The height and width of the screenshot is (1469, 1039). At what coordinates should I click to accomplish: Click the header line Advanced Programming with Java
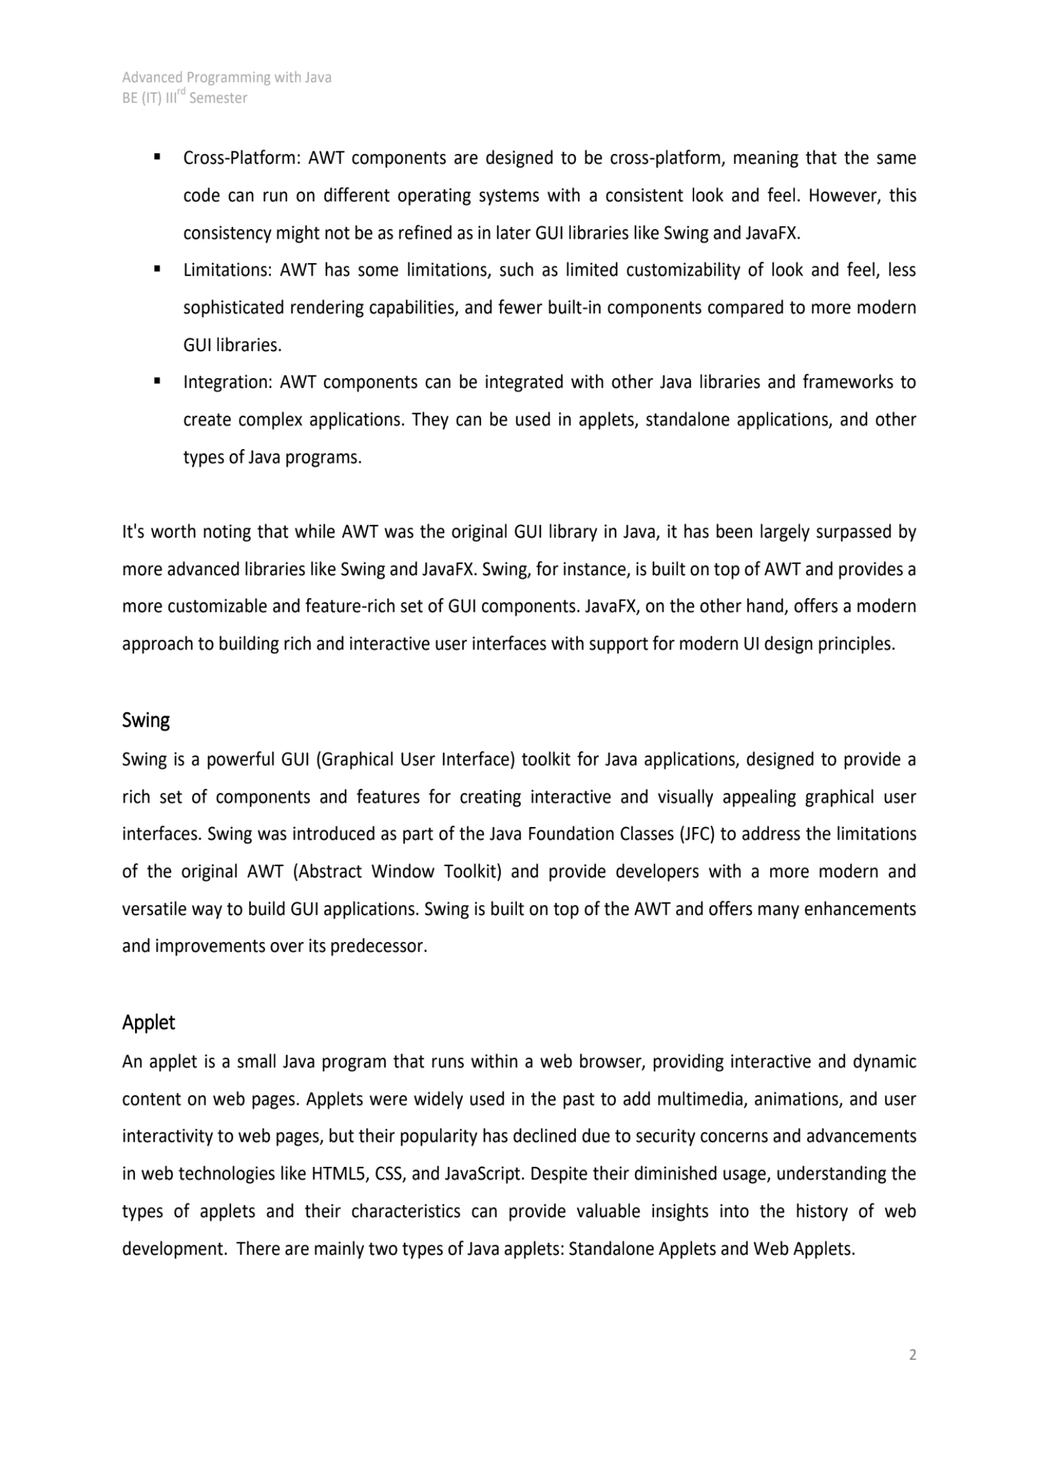[227, 77]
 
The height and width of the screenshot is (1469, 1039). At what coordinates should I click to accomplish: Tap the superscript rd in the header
[181, 93]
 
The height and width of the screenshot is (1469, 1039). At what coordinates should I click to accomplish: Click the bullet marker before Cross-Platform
[158, 157]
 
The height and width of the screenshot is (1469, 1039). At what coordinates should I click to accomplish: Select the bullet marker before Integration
[158, 381]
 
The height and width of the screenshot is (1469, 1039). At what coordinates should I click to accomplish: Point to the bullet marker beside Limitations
[158, 269]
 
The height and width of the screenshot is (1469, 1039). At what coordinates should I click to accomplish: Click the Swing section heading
[146, 720]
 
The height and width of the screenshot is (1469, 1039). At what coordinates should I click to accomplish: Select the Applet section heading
[148, 1022]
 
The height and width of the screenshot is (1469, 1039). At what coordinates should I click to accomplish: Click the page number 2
[912, 1355]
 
